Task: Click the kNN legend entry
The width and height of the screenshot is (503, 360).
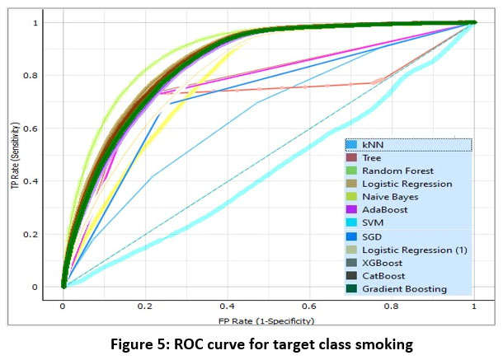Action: [x=374, y=144]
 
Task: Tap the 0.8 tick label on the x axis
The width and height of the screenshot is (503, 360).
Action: [x=391, y=304]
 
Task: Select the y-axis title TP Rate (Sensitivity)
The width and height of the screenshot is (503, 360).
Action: [x=13, y=155]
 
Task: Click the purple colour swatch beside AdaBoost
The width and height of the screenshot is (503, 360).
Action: [x=352, y=210]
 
